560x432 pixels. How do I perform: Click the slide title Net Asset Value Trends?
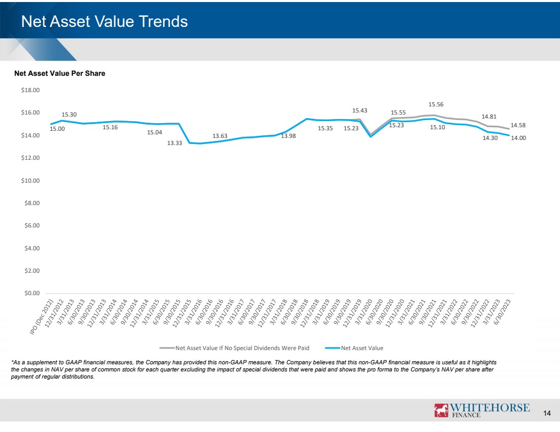[104, 22]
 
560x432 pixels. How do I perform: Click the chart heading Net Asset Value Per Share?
[60, 74]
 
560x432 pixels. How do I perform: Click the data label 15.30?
[69, 115]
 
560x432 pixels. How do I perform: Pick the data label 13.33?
[175, 143]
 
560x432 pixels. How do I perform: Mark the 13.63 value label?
[220, 136]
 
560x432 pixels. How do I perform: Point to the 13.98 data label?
[288, 136]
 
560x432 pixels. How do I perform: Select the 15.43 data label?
[359, 110]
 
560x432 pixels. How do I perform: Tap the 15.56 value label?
[436, 104]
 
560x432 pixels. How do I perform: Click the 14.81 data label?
[489, 117]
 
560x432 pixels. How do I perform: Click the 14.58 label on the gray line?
[518, 125]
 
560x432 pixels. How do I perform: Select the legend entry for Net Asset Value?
[361, 348]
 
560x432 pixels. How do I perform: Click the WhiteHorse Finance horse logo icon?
[441, 410]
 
